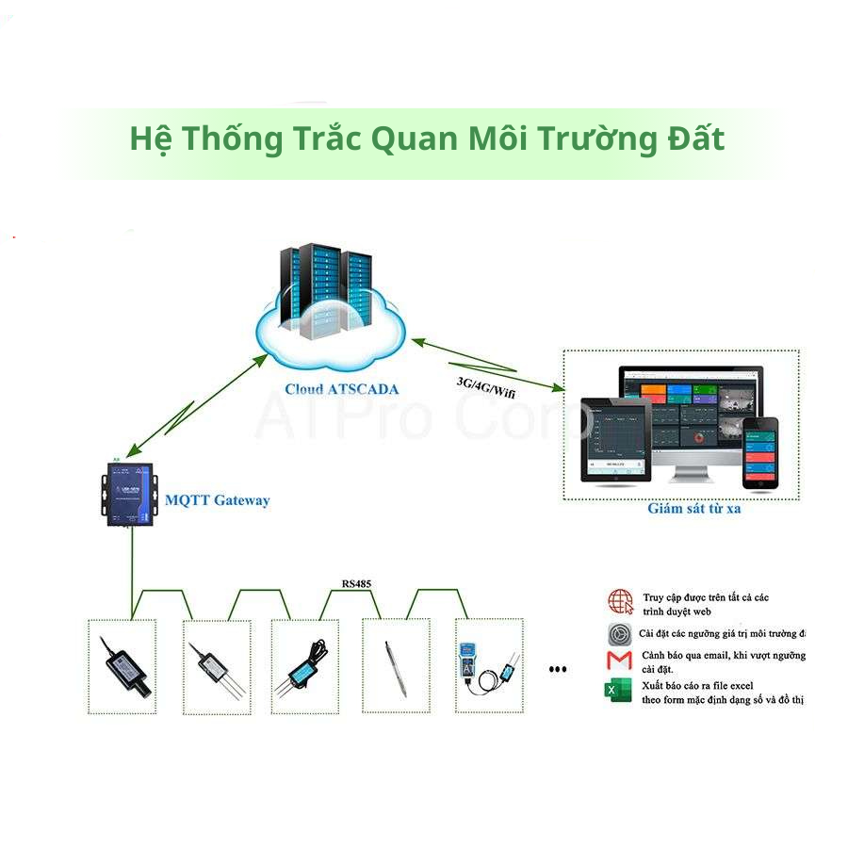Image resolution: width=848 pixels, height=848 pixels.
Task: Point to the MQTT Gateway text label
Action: pos(217,500)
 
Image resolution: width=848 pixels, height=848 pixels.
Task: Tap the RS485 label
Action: pos(356,584)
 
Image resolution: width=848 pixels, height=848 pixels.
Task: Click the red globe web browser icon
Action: pos(620,601)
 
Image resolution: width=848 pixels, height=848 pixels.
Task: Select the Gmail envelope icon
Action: pos(619,659)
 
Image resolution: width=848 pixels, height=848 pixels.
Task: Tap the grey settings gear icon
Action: pos(619,632)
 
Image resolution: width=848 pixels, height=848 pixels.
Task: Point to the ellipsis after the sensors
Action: pos(558,670)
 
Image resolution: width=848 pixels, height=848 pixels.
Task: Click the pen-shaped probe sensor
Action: pos(395,667)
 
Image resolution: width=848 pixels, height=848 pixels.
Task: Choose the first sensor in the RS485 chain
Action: pos(124,665)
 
